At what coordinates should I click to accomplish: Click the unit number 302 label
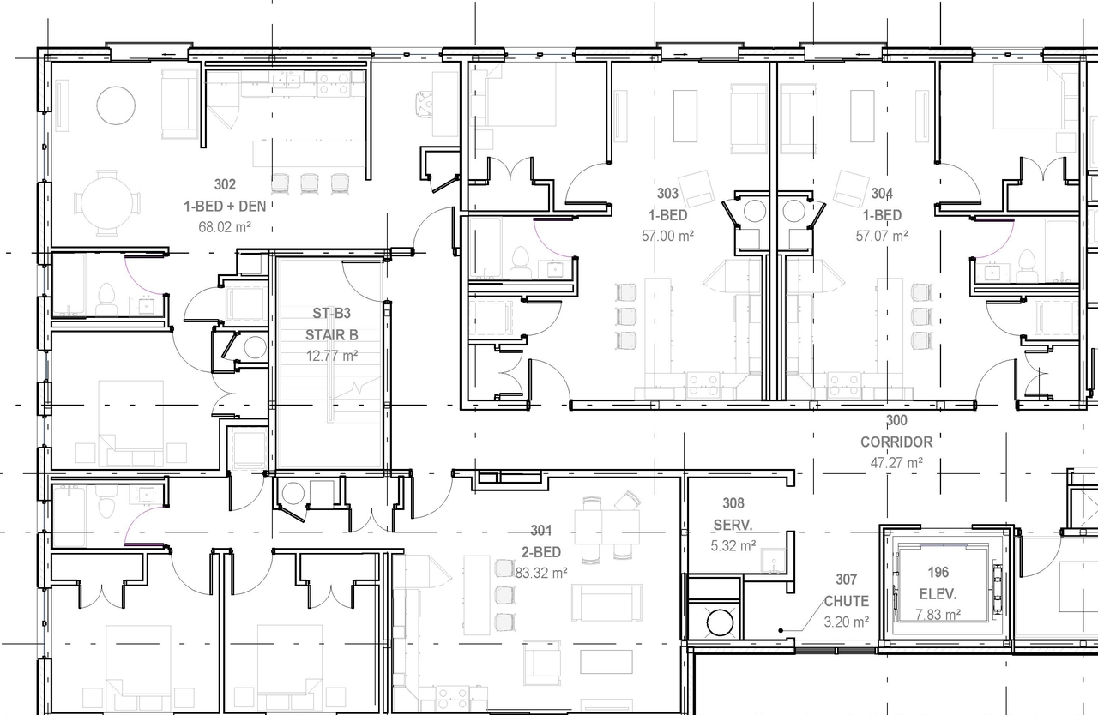[x=225, y=184]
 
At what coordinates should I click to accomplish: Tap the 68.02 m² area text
[x=224, y=228]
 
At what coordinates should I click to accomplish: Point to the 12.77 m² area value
[x=331, y=355]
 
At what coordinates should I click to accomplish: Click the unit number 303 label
[x=667, y=194]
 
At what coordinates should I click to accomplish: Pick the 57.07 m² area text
[x=882, y=236]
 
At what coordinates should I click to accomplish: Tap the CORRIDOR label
[x=896, y=442]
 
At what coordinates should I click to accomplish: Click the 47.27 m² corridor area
[x=896, y=463]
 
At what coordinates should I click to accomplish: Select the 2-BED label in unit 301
[x=541, y=551]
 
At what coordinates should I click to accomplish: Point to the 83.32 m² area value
[x=541, y=573]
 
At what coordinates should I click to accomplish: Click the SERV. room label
[x=733, y=525]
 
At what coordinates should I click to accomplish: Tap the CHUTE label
[x=846, y=601]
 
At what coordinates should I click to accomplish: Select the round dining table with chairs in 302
[x=107, y=203]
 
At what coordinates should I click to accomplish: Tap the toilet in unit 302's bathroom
[x=106, y=297]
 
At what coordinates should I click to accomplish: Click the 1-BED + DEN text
[x=225, y=206]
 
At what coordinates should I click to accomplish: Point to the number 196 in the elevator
[x=938, y=572]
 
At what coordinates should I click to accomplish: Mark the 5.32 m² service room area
[x=734, y=545]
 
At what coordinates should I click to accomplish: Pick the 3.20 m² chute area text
[x=846, y=622]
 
